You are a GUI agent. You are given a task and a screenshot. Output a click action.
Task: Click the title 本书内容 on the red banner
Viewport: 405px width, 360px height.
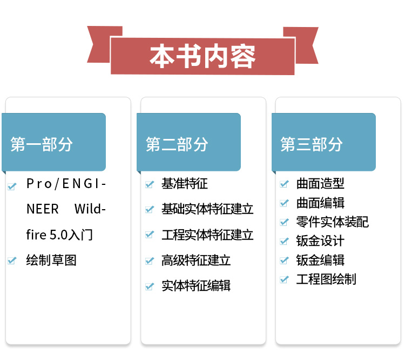(202, 56)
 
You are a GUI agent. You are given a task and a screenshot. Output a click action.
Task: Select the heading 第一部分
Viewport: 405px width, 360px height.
(42, 144)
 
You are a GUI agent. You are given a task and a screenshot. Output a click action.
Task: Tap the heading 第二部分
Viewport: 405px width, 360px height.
(177, 144)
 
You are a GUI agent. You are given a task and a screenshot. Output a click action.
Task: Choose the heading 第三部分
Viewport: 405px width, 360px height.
(312, 144)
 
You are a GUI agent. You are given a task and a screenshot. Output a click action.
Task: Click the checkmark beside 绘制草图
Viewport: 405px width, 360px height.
(12, 261)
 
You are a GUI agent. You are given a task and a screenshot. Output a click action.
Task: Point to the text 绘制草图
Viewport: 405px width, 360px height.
(51, 261)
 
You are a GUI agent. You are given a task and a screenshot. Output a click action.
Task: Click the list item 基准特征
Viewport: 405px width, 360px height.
(185, 184)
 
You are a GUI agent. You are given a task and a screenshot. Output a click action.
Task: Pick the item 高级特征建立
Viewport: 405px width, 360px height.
(196, 261)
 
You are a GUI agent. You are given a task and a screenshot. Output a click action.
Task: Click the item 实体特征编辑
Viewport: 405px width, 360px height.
(196, 285)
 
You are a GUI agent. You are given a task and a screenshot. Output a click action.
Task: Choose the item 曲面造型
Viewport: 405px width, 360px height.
(320, 184)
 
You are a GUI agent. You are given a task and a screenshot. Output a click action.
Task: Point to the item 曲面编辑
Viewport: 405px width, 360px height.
(320, 203)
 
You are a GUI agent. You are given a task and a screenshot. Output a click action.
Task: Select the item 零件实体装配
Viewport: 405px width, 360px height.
(332, 222)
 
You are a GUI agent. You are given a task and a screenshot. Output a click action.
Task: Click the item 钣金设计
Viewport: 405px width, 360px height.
(320, 241)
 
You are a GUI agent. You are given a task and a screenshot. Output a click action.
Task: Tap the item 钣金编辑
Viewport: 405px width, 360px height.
(320, 260)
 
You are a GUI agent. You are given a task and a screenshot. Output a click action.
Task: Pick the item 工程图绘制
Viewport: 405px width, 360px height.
(326, 279)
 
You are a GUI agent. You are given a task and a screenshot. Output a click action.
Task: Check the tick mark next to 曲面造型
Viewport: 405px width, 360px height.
(285, 184)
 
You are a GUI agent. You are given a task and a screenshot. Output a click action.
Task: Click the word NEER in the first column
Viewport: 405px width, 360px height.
(43, 209)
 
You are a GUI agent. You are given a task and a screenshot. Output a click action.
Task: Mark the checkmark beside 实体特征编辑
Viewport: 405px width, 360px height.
(150, 286)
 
